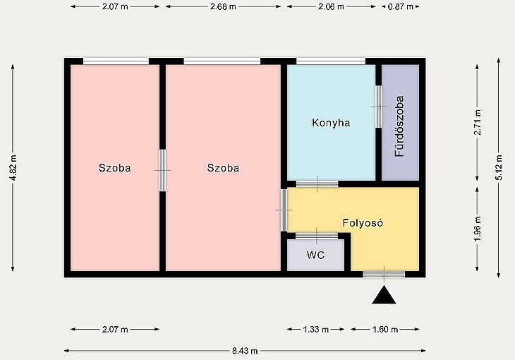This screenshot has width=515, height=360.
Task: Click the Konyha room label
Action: tap(331, 123)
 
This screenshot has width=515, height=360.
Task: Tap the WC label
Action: tap(315, 255)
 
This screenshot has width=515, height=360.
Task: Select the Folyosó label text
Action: tap(363, 223)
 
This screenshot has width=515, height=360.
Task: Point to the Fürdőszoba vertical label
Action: tap(399, 126)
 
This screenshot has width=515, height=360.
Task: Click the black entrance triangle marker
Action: tap(384, 295)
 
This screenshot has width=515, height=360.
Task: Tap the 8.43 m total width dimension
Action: tap(245, 351)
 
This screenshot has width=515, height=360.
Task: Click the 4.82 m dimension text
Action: tap(13, 168)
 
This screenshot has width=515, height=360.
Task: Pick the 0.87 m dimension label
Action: tap(401, 6)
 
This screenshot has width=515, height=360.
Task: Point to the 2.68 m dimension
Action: tap(223, 6)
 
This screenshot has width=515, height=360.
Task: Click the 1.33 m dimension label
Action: tap(315, 329)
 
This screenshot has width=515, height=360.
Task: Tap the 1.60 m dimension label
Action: tap(385, 329)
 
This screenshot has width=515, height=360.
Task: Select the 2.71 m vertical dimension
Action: tap(477, 122)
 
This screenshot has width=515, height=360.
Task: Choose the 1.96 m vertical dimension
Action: tap(477, 229)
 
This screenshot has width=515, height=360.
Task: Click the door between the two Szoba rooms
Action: tap(162, 170)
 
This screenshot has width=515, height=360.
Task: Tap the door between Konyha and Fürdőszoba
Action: tap(378, 107)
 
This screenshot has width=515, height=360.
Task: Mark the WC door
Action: tap(317, 236)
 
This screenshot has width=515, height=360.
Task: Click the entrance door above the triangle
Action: tap(384, 274)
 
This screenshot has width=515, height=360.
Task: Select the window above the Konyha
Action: tap(331, 61)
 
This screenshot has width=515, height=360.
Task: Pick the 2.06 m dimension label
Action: tap(331, 6)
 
